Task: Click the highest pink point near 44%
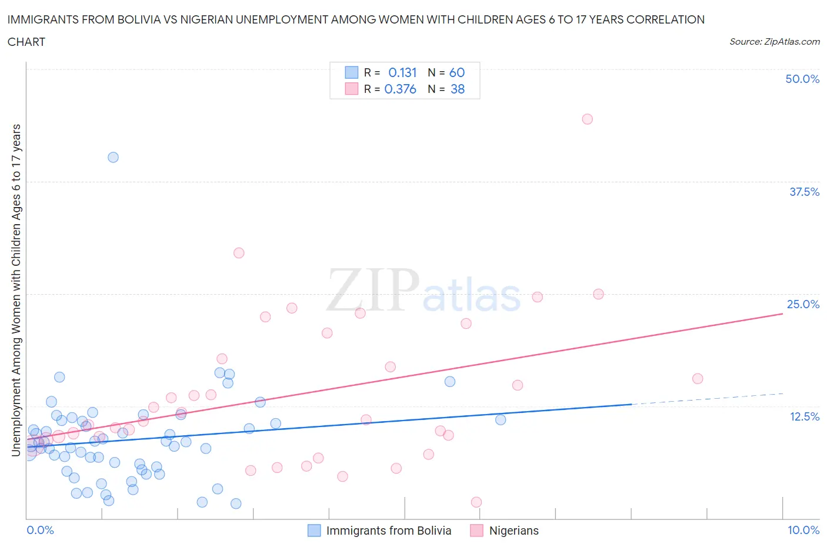coord(587,119)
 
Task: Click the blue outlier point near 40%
coord(113,157)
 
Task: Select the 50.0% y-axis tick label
coord(802,79)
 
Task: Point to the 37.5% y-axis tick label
coord(804,192)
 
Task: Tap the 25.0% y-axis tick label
coord(803,304)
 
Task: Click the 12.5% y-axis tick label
coord(804,416)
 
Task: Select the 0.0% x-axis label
coord(40,530)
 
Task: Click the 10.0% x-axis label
coord(803,530)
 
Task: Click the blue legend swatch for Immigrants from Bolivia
coord(315,531)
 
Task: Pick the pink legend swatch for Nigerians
coord(476,531)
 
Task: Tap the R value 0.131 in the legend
coord(402,72)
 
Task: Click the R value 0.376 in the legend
coord(400,89)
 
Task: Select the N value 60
coord(457,72)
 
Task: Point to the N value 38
coord(458,89)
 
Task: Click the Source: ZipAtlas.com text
coord(774,41)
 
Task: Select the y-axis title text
coord(16,290)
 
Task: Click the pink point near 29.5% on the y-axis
coord(239,253)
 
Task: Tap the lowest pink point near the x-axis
coord(476,502)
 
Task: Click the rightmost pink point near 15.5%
coord(698,378)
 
